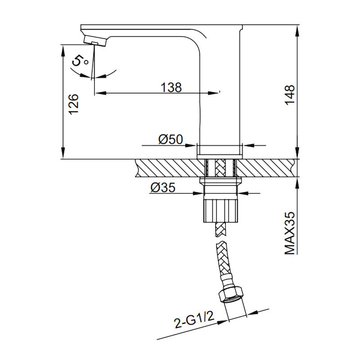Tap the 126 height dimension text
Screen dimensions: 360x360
(x=74, y=103)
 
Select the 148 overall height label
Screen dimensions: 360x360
(x=290, y=95)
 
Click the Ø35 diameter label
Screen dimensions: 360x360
(x=163, y=188)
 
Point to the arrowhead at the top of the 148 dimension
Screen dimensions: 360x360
(x=297, y=28)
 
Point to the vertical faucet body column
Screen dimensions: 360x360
(x=220, y=90)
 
